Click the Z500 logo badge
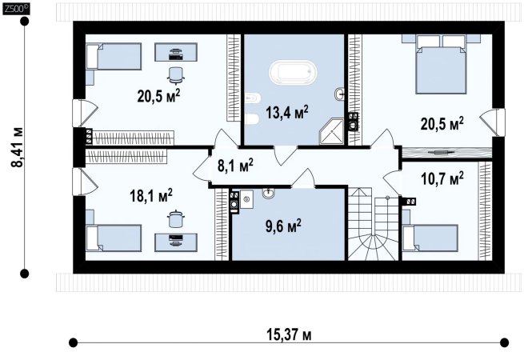tap(16, 9)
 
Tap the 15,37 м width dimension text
tap(289, 334)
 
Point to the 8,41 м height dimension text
tap(17, 147)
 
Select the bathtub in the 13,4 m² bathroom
tap(293, 72)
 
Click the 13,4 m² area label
tap(287, 112)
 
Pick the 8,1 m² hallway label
tap(235, 166)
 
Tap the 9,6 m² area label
tap(283, 226)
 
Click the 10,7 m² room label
tap(442, 179)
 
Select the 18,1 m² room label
tap(151, 195)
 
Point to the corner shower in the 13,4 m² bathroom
tap(332, 131)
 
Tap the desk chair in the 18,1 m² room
tap(175, 219)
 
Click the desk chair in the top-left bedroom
tap(175, 75)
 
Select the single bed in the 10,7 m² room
tap(430, 238)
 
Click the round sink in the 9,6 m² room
tap(268, 193)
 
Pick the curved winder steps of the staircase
tap(373, 246)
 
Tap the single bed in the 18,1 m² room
tap(114, 238)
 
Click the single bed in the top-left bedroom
tap(114, 57)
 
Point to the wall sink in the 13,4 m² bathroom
tap(339, 94)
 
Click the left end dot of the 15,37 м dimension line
tap(73, 342)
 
